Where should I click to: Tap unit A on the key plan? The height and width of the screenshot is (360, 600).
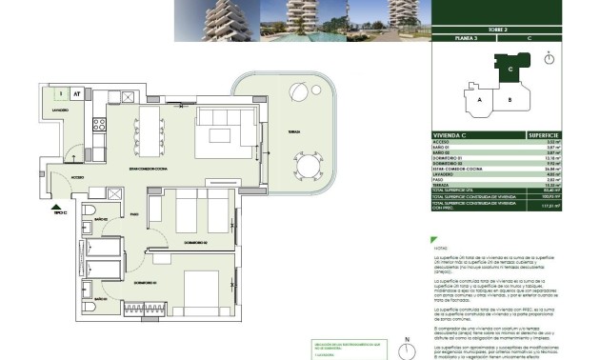(x=481, y=98)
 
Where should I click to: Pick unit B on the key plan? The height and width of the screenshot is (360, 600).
(x=510, y=98)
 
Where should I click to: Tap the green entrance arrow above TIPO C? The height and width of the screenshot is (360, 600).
(x=59, y=205)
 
